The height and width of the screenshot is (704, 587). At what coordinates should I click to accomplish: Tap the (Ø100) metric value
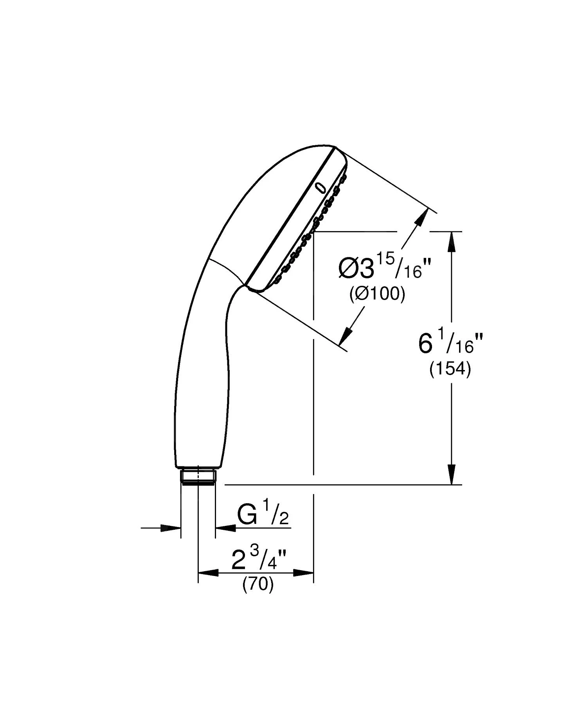point(377,294)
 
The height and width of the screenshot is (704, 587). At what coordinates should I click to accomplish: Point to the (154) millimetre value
point(450,369)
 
